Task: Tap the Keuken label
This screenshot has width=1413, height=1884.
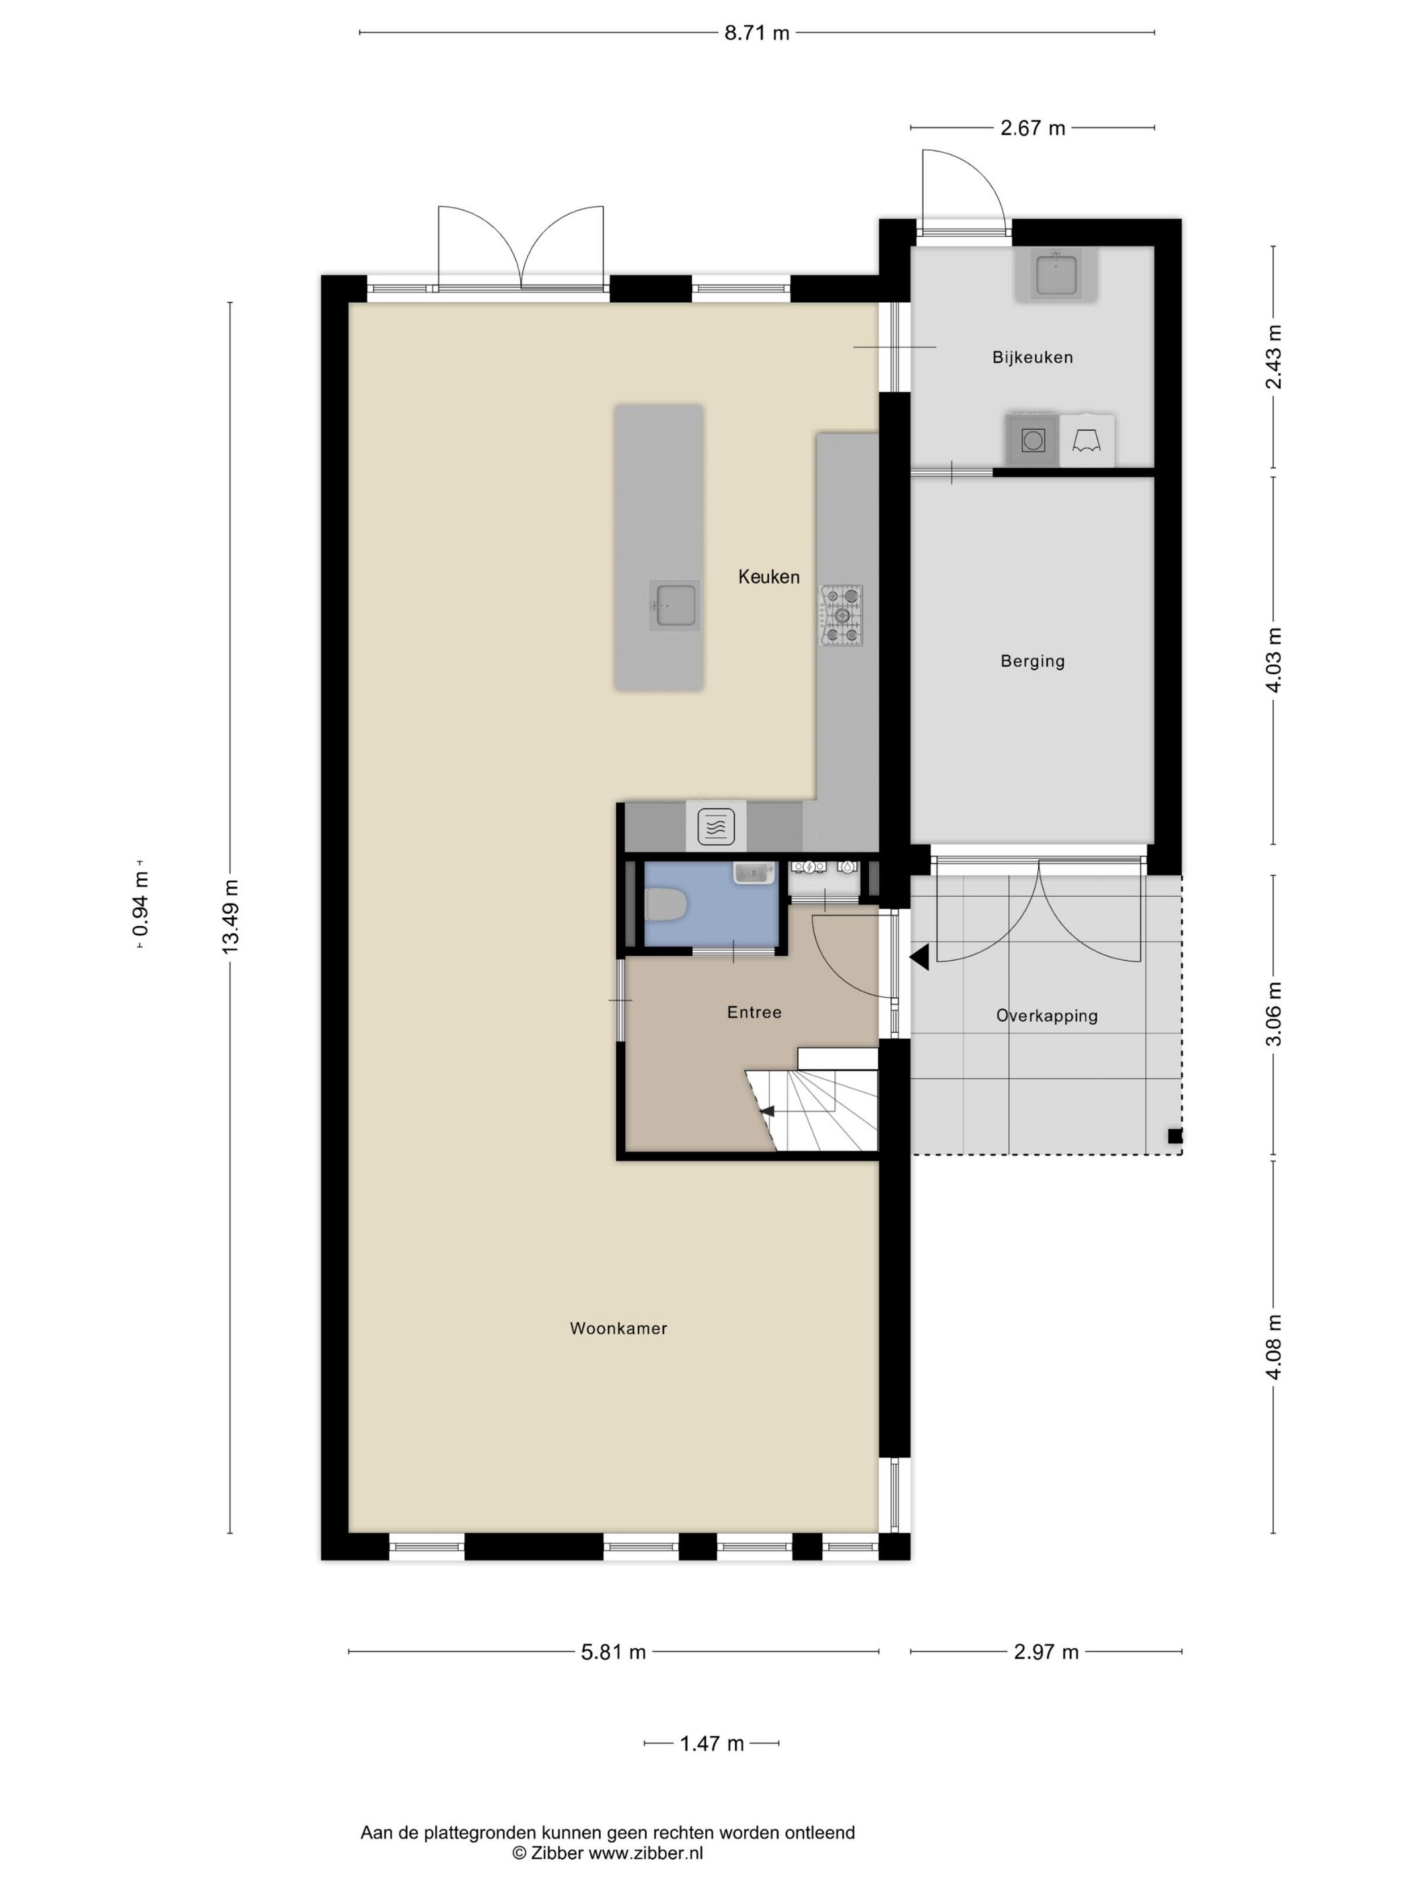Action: point(768,577)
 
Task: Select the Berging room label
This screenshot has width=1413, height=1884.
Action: point(1031,660)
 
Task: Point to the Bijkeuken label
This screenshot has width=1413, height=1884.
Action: point(1031,357)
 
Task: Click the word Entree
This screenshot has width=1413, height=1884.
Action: point(753,1012)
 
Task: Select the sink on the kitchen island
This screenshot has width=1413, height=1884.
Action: point(674,605)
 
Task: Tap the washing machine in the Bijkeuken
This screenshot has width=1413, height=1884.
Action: point(1032,439)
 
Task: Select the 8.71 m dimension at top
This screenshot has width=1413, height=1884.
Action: point(756,33)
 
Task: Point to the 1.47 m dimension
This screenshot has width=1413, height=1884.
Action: point(711,1743)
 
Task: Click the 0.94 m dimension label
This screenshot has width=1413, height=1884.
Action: point(141,903)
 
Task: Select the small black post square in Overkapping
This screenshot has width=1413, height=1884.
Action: point(1175,1135)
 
